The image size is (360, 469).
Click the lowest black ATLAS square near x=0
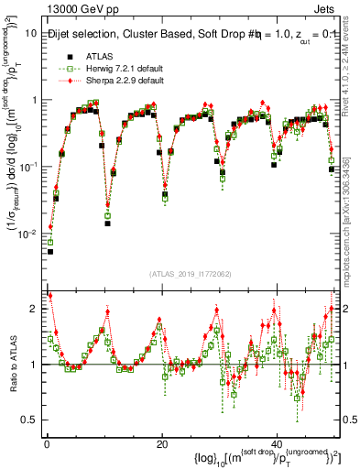pyautogui.click(x=50, y=251)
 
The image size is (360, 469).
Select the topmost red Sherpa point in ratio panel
pyautogui.click(x=49, y=295)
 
